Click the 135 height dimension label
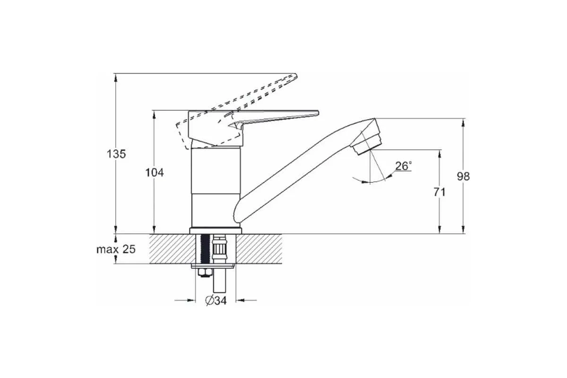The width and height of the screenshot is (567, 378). [x=116, y=154]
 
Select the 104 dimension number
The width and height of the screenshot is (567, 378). [x=155, y=172]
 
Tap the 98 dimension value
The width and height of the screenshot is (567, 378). [x=463, y=176]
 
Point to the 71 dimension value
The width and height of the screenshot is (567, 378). [x=439, y=192]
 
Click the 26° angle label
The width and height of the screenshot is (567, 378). [x=404, y=166]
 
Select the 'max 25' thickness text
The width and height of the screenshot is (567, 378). [x=116, y=249]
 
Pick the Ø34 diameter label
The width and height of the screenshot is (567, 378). [x=216, y=301]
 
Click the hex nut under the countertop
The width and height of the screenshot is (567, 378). [x=205, y=273]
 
